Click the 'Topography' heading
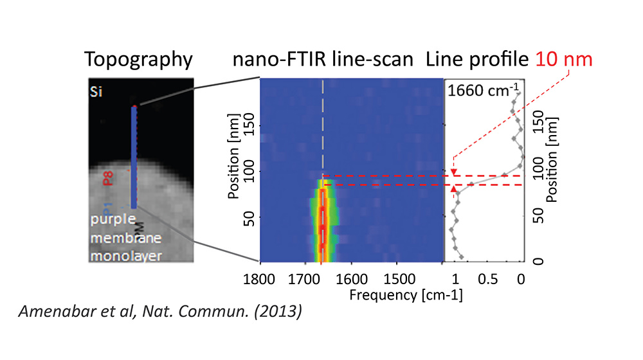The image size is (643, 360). pyautogui.click(x=138, y=60)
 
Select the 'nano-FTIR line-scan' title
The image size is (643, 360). pyautogui.click(x=323, y=60)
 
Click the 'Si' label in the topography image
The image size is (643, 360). pyautogui.click(x=95, y=93)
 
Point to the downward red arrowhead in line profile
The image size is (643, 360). pyautogui.click(x=454, y=172)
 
